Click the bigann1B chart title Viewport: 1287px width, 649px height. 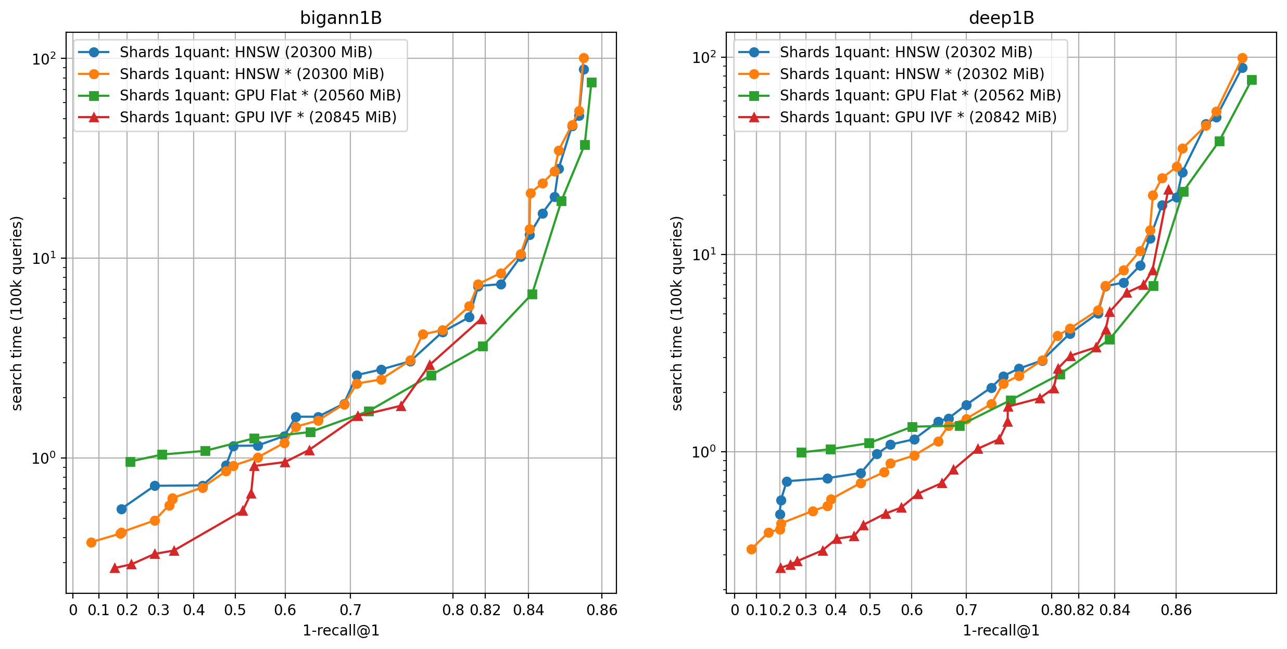click(341, 18)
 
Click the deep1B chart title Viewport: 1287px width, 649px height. click(1001, 18)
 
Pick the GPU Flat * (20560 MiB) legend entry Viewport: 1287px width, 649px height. click(260, 96)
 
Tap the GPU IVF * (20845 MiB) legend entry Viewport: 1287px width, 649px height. click(258, 118)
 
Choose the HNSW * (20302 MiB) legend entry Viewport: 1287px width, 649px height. click(912, 74)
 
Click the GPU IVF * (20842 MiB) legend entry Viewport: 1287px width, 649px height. click(918, 118)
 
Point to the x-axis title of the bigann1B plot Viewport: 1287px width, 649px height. click(341, 631)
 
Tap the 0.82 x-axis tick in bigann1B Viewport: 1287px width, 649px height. click(485, 610)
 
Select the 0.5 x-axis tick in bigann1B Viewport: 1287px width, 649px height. click(235, 610)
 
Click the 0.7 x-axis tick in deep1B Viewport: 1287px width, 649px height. click(966, 610)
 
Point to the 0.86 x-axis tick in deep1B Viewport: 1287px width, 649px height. click(1176, 610)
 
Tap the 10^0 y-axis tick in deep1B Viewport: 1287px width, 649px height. click(704, 452)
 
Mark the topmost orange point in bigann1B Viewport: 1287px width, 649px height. click(584, 58)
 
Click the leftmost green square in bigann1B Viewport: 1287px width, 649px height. click(130, 462)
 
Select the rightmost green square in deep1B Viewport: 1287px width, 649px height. click(1252, 80)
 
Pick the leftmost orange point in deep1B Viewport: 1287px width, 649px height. click(751, 549)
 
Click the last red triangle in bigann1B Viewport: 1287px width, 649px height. click(482, 319)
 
